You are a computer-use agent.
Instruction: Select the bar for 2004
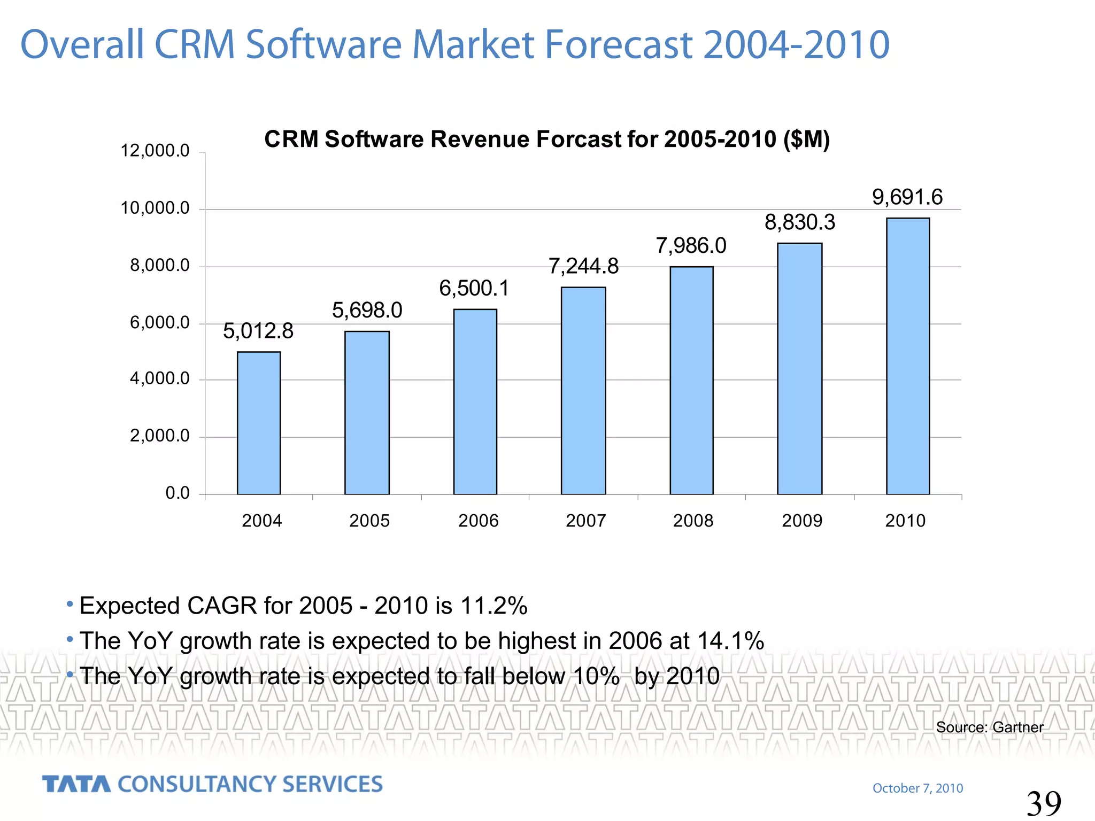[259, 423]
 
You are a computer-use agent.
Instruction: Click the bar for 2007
[583, 391]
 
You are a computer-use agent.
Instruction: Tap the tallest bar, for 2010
[907, 356]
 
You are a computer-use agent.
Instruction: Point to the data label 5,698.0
[367, 311]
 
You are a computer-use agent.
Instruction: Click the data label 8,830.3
[799, 222]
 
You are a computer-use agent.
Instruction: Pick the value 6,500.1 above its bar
[474, 289]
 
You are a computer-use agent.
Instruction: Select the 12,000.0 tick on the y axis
[155, 151]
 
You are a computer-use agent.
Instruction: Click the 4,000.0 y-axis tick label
[159, 379]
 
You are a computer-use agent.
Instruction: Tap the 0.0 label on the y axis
[178, 493]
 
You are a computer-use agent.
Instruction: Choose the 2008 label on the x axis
[693, 521]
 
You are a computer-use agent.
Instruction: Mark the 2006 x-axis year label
[478, 521]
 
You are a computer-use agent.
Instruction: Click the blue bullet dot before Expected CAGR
[70, 605]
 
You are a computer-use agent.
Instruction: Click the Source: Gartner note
[989, 727]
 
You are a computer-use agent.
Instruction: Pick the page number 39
[1043, 803]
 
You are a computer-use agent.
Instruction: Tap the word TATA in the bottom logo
[76, 785]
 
